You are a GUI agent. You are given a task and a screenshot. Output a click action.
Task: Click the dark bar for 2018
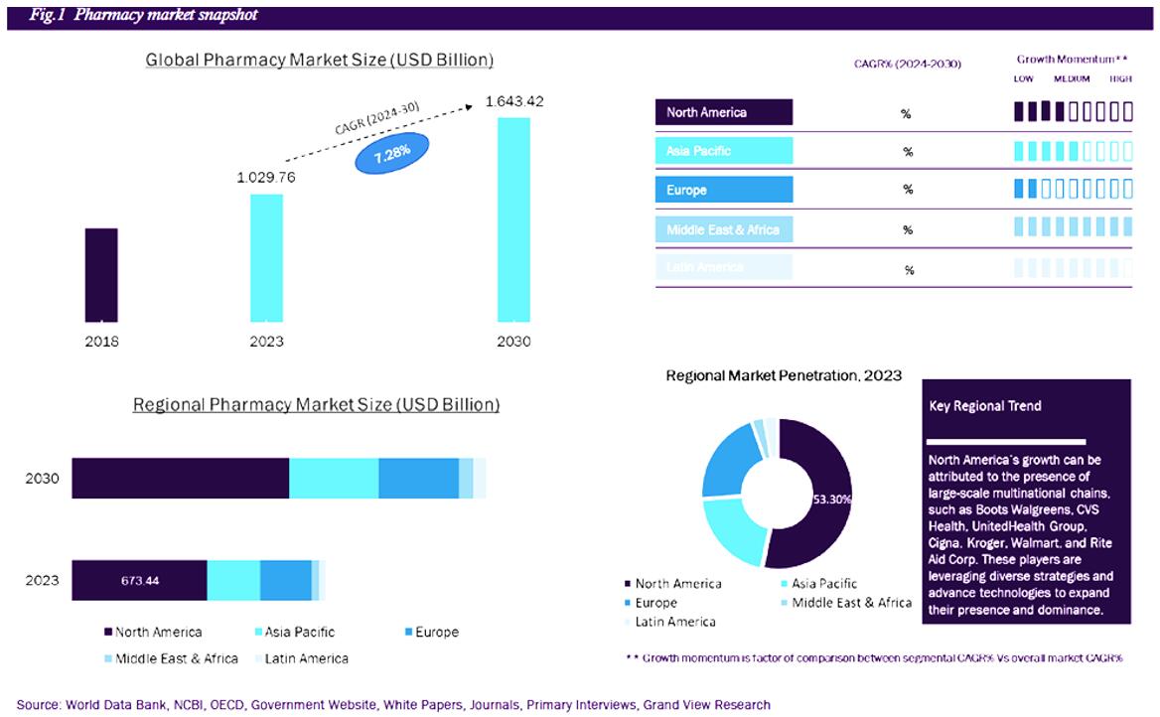101,274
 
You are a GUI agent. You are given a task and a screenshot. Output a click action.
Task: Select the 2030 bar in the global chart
513,219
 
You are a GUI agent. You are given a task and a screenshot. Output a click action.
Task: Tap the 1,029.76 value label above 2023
265,178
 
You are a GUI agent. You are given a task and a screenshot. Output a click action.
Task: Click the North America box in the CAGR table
724,112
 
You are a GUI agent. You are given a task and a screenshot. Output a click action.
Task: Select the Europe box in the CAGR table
724,190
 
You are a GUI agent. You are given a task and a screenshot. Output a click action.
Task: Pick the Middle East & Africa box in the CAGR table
724,229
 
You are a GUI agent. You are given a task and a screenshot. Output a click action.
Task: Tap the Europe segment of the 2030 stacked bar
418,479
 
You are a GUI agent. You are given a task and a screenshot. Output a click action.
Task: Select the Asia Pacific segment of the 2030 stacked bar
334,479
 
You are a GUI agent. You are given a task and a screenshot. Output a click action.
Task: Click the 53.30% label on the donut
831,500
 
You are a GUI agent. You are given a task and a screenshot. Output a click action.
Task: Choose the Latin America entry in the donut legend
675,622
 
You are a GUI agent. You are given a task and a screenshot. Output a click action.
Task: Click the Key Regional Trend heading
985,406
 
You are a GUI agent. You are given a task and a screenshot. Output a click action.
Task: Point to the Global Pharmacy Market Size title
319,60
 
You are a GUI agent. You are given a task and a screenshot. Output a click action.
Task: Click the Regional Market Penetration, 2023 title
784,375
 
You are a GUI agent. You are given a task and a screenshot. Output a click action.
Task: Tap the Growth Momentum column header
1072,60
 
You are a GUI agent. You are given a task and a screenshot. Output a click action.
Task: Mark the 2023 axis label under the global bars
266,342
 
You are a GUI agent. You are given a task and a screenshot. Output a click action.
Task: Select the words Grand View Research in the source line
706,705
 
